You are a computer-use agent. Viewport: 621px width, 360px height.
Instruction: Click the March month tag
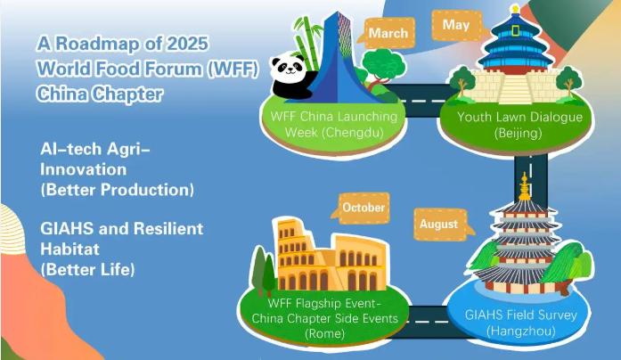click(388, 32)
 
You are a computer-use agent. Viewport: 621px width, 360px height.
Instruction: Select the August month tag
click(441, 225)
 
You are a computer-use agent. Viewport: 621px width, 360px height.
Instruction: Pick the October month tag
click(362, 208)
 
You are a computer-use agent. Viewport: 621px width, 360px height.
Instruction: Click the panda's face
click(289, 67)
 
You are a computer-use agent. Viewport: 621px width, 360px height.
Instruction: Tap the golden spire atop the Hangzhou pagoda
click(525, 187)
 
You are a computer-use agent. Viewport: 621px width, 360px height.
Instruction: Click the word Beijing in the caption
click(518, 133)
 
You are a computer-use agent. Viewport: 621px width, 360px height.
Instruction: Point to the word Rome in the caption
click(325, 333)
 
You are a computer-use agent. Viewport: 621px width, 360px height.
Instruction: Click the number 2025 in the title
click(187, 43)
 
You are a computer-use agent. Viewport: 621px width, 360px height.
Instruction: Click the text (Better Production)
click(118, 190)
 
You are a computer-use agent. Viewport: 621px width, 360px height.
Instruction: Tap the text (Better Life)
click(87, 270)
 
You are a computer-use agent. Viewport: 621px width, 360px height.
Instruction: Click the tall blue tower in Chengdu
click(336, 59)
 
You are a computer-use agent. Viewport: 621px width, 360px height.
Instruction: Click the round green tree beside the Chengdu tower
click(383, 63)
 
